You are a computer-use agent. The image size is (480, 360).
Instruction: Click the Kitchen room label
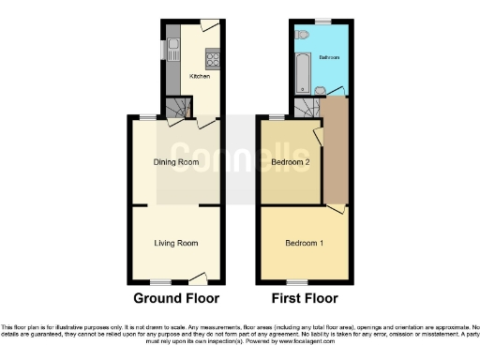(x=200, y=76)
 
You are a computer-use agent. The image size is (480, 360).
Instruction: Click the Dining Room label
(x=176, y=162)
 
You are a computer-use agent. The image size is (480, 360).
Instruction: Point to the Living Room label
(x=176, y=244)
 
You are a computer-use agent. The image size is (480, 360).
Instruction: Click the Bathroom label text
(x=330, y=56)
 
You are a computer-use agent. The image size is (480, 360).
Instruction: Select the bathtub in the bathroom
(x=303, y=73)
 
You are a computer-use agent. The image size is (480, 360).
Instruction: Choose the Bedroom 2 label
(x=291, y=162)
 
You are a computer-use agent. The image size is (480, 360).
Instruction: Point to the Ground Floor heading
(x=176, y=299)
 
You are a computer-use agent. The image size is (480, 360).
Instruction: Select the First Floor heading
(x=304, y=299)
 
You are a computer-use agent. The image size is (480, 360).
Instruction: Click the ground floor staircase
(x=178, y=111)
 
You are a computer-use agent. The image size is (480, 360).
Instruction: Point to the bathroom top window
(x=323, y=21)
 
